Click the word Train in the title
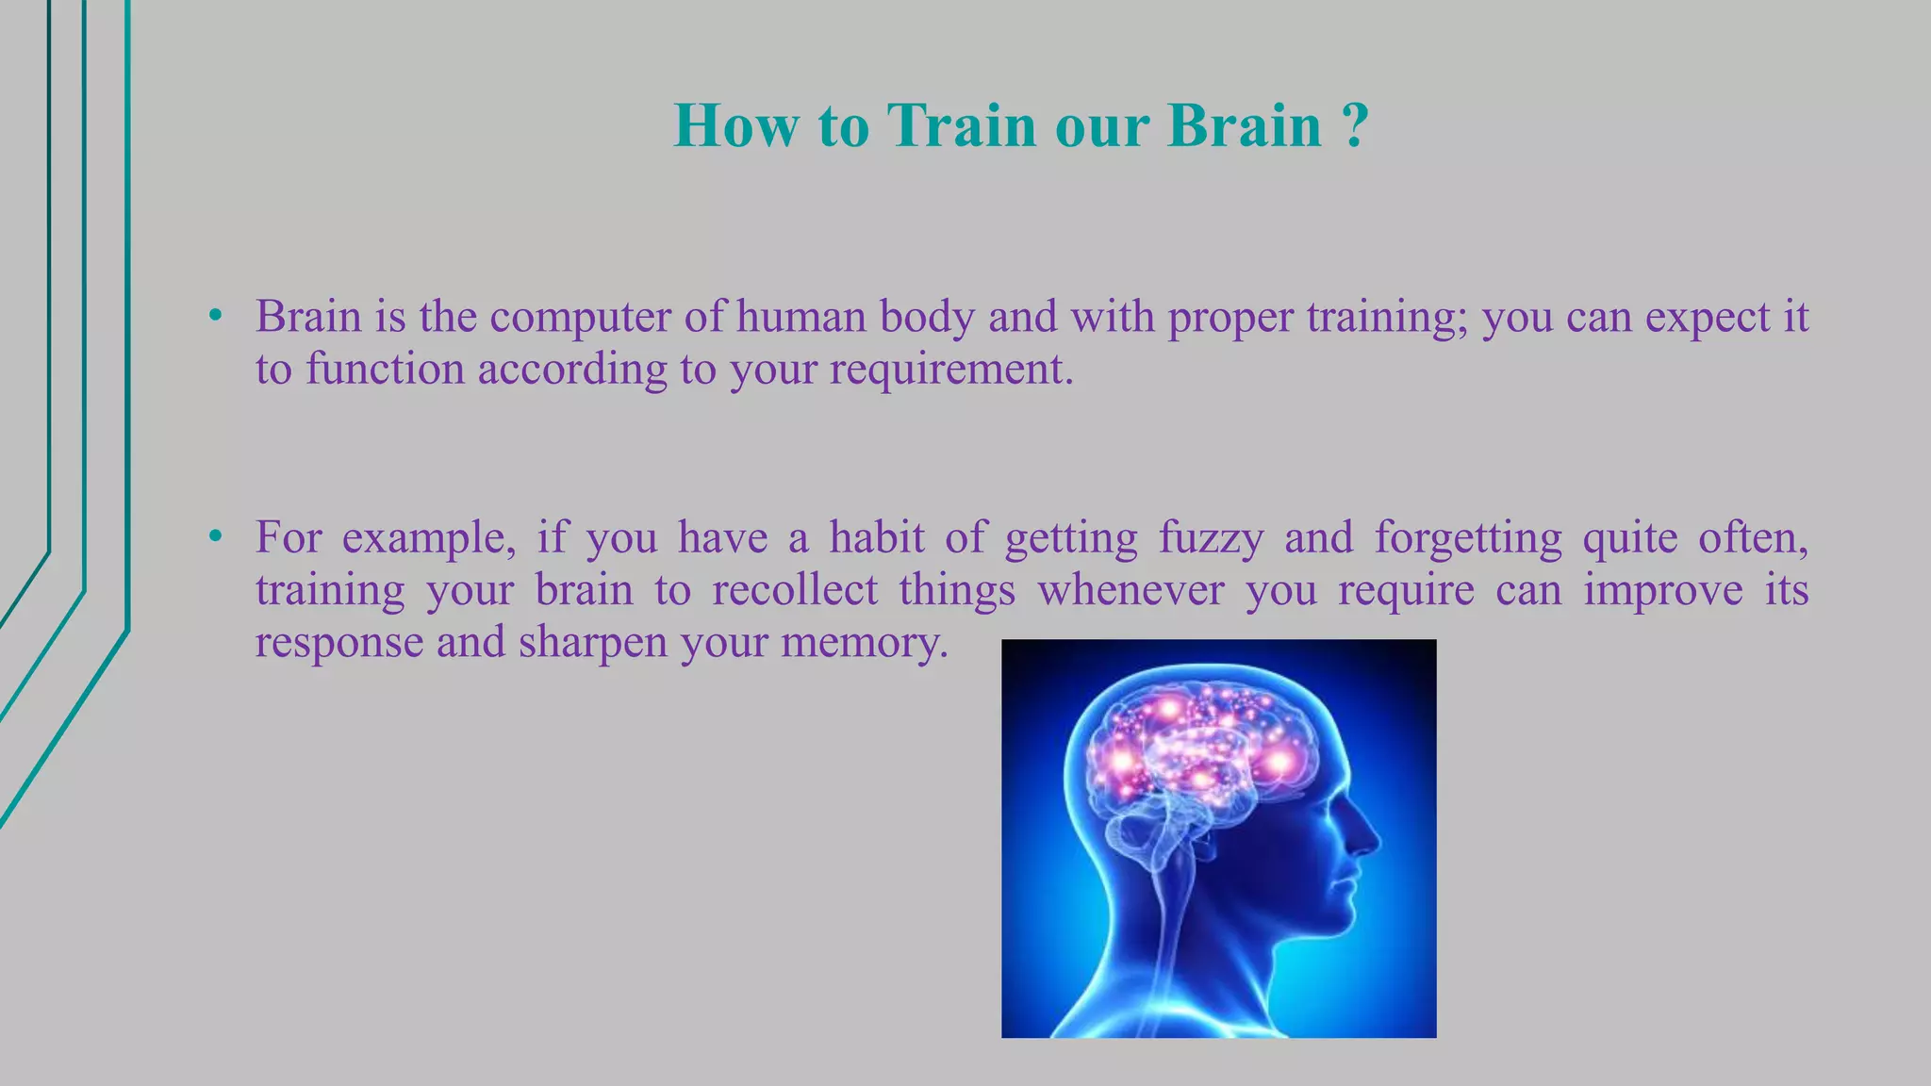pyautogui.click(x=961, y=125)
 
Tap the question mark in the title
pyautogui.click(x=1354, y=125)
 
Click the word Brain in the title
pyautogui.click(x=1245, y=125)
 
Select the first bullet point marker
pyautogui.click(x=216, y=317)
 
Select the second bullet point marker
pyautogui.click(x=216, y=537)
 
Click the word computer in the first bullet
pyautogui.click(x=580, y=317)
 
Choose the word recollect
pyautogui.click(x=795, y=590)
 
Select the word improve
pyautogui.click(x=1662, y=590)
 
